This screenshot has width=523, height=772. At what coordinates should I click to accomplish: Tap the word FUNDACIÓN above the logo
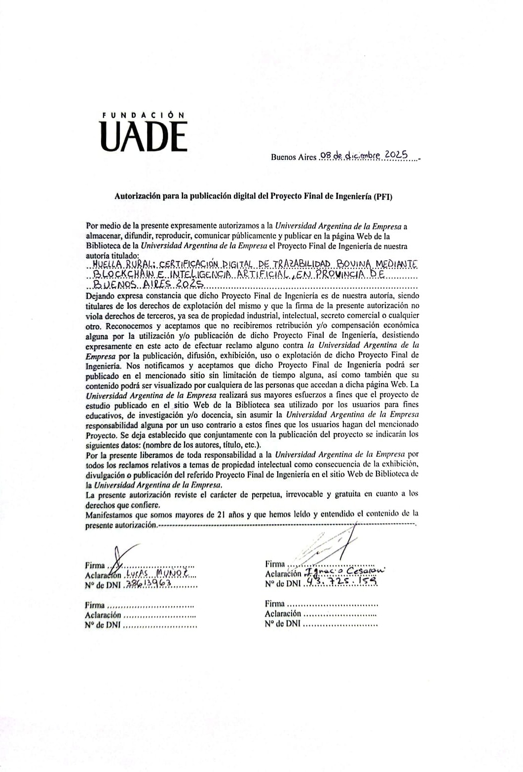(143, 114)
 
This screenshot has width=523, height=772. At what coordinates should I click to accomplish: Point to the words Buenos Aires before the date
(293, 157)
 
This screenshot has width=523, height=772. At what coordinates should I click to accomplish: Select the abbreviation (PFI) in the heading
(382, 196)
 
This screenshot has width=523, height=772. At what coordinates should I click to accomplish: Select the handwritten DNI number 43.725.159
(341, 582)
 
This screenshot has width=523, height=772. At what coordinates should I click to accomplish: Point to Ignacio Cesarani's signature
(331, 545)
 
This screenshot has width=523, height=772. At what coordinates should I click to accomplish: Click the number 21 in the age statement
(221, 514)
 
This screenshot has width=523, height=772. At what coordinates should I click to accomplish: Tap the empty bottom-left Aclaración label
(103, 615)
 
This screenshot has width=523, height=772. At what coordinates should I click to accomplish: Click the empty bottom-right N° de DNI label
(282, 624)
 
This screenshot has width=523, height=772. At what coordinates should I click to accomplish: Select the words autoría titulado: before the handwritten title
(110, 256)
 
